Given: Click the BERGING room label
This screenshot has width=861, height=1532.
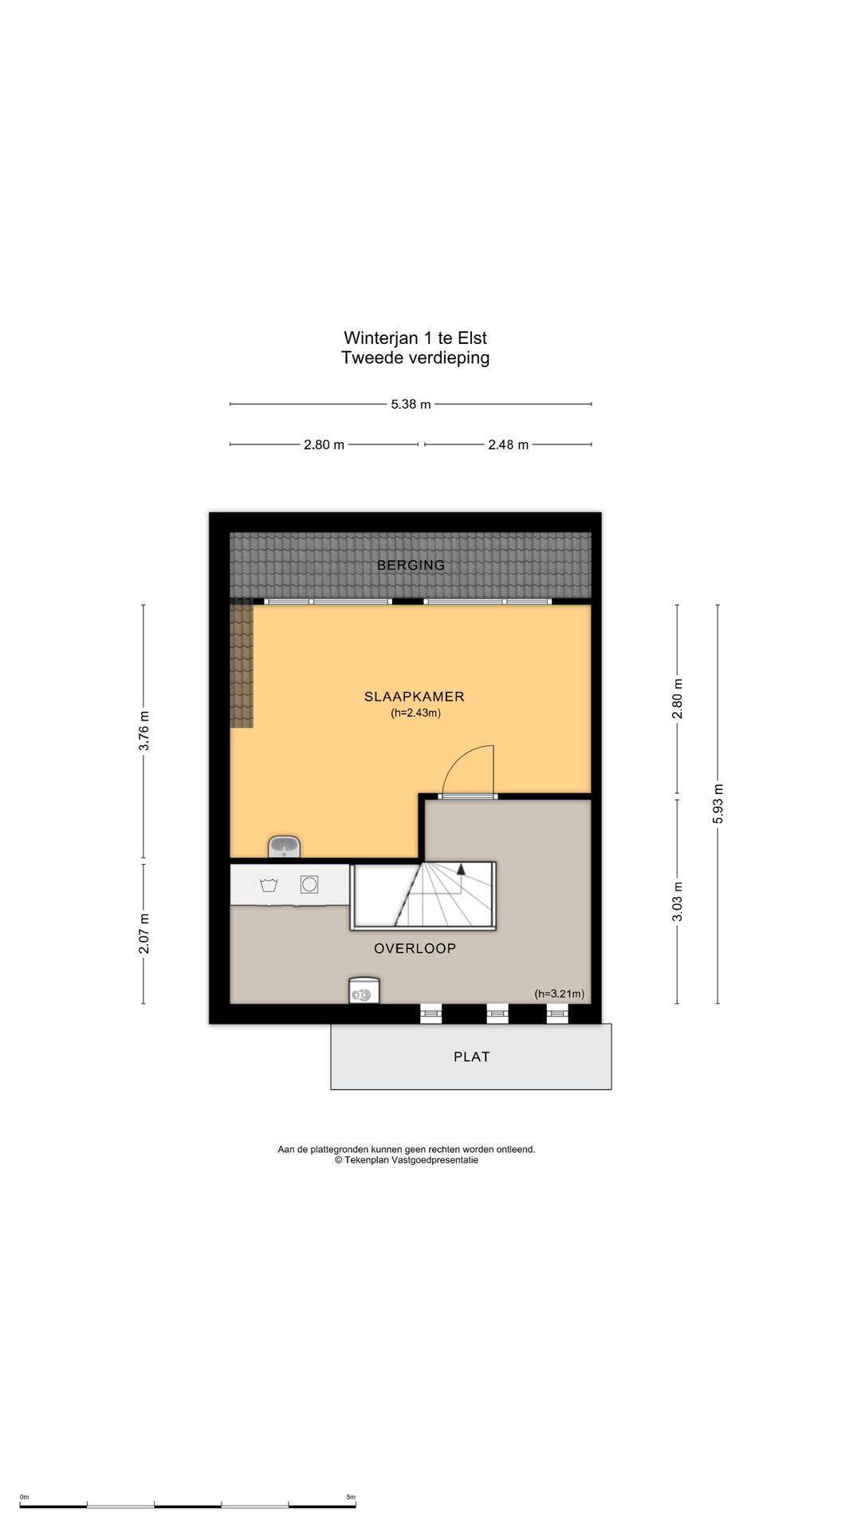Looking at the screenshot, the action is click(x=411, y=565).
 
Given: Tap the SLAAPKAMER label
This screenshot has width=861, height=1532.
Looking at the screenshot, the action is click(x=415, y=697).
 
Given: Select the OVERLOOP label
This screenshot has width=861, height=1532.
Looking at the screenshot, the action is click(x=415, y=948).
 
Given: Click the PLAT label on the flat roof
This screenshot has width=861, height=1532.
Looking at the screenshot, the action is click(x=472, y=1056).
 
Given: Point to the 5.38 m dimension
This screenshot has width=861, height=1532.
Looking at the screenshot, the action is click(x=411, y=404).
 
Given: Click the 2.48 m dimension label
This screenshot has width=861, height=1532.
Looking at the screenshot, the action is click(x=509, y=444).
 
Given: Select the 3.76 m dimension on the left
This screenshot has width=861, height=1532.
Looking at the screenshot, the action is click(x=143, y=731).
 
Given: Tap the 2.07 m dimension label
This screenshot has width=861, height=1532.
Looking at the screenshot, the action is click(x=143, y=934).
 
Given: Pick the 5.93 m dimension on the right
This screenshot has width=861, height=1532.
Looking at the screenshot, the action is click(x=717, y=804).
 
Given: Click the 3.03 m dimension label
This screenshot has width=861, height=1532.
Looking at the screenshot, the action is click(x=678, y=902).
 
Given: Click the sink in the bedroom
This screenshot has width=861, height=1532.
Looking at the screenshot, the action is click(x=284, y=847).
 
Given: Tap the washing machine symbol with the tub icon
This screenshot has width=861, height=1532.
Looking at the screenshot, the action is click(x=268, y=885).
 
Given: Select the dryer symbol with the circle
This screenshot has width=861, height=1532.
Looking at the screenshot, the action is click(x=309, y=884).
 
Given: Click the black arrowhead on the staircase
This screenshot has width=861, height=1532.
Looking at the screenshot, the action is click(x=461, y=870).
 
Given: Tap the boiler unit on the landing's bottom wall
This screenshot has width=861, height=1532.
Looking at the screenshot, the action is click(x=364, y=990).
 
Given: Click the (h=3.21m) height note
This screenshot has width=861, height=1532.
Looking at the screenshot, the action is click(x=559, y=993).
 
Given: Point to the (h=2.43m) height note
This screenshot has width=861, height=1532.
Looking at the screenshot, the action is click(x=415, y=713).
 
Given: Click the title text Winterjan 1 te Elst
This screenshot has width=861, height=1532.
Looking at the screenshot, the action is click(x=415, y=338).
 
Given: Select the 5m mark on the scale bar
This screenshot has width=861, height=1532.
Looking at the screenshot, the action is click(x=351, y=1497).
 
